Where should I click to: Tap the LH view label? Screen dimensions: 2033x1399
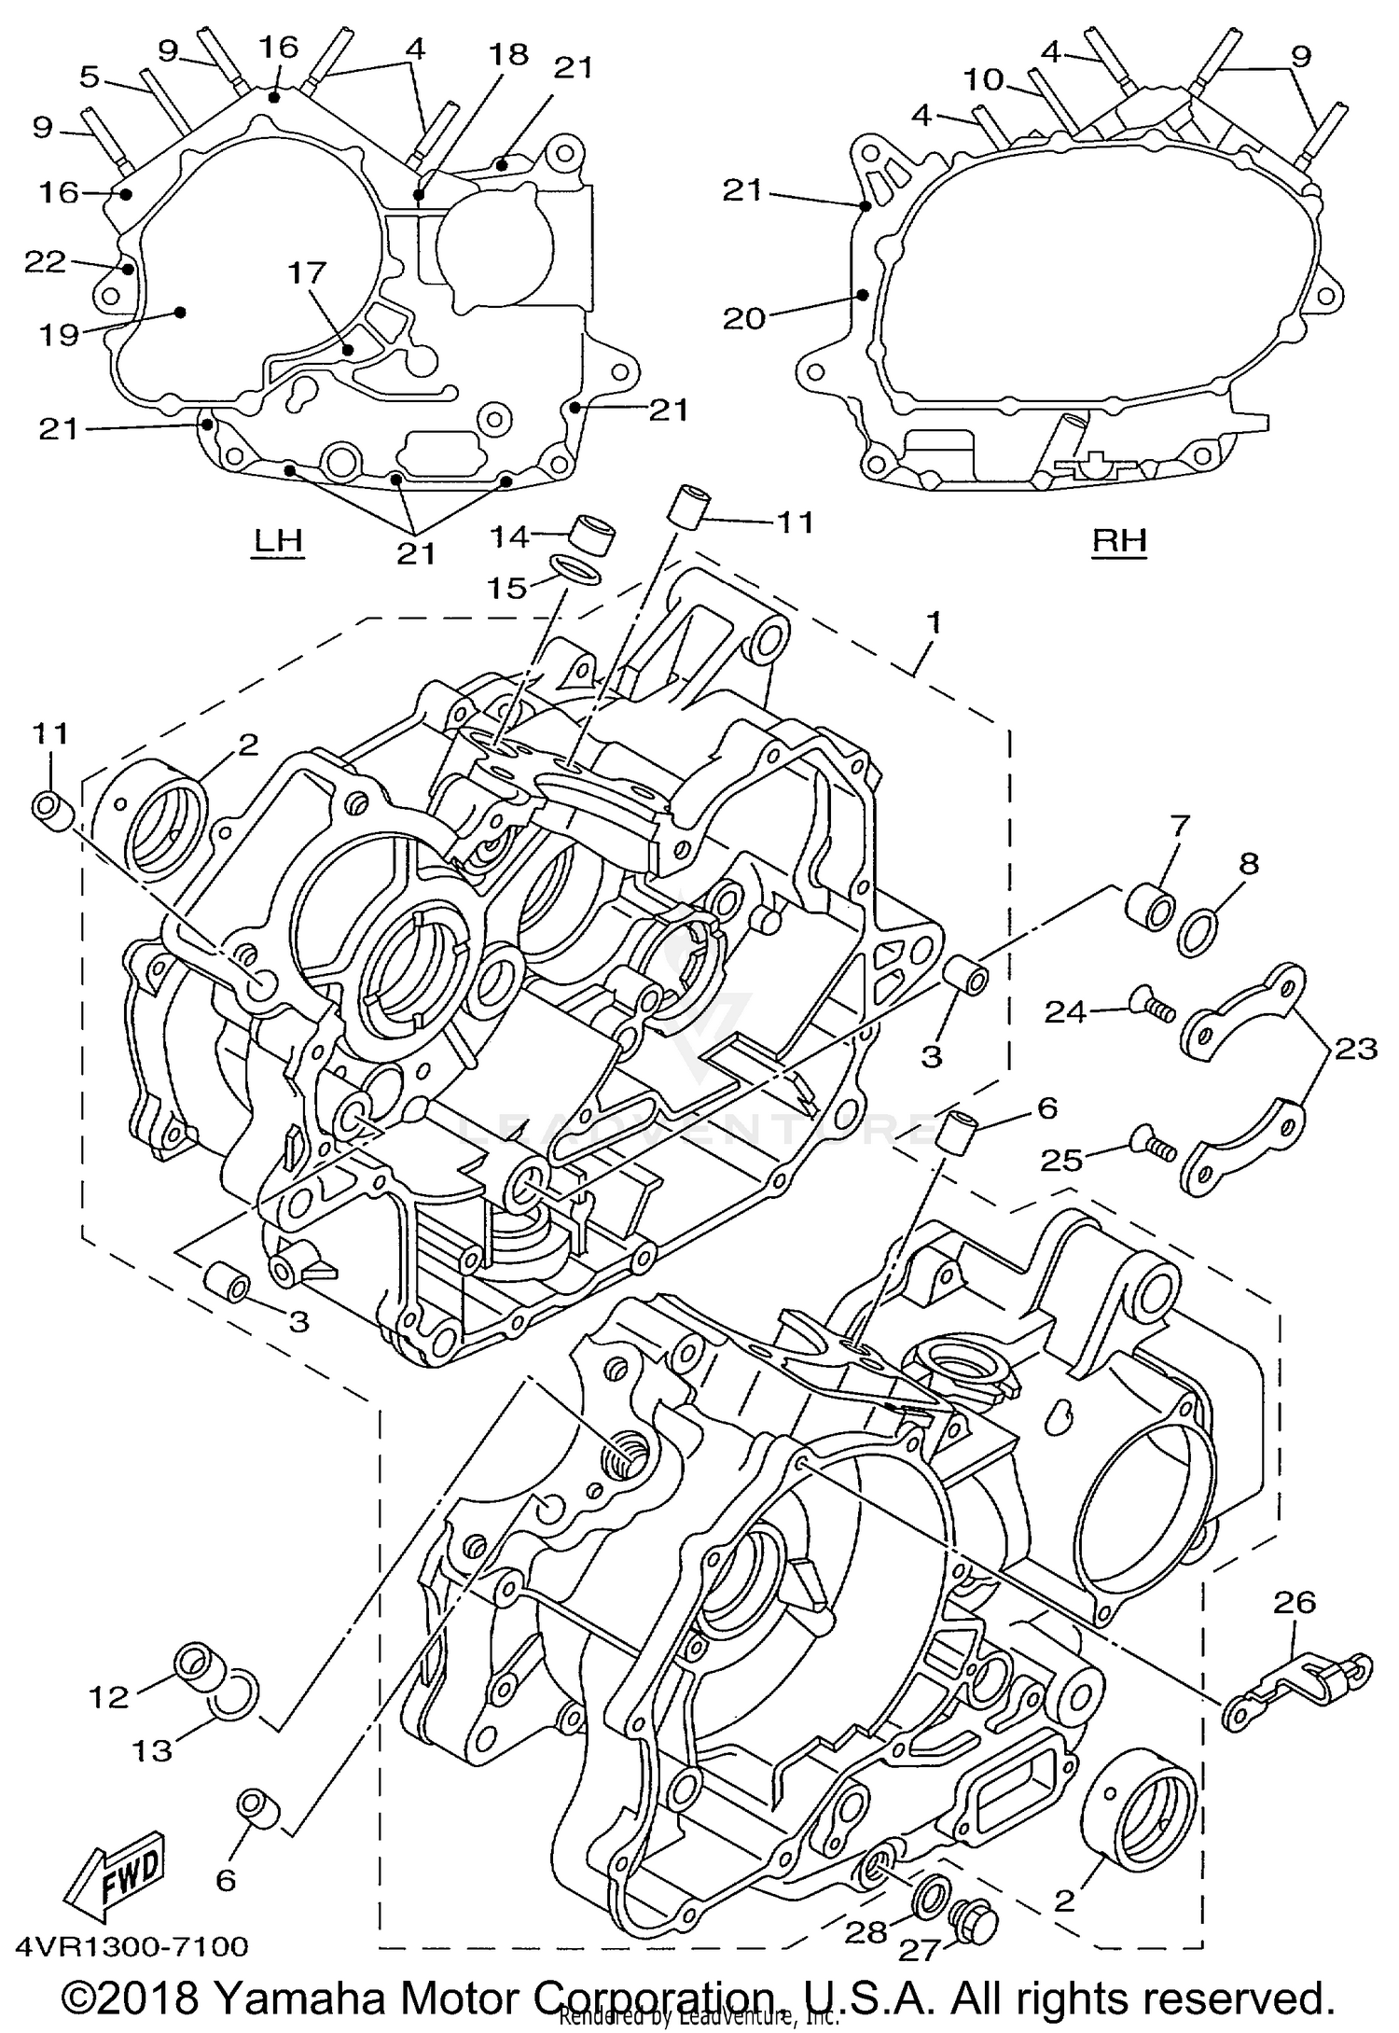click(x=279, y=540)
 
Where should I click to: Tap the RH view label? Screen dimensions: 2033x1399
click(x=1119, y=540)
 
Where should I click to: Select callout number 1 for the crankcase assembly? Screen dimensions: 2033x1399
click(x=934, y=620)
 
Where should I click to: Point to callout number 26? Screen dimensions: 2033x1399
click(x=1295, y=1602)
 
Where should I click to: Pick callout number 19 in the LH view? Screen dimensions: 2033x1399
click(x=59, y=333)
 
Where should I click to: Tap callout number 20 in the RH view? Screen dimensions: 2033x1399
click(x=743, y=318)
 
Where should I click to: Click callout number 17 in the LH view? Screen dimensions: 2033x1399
click(x=307, y=272)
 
